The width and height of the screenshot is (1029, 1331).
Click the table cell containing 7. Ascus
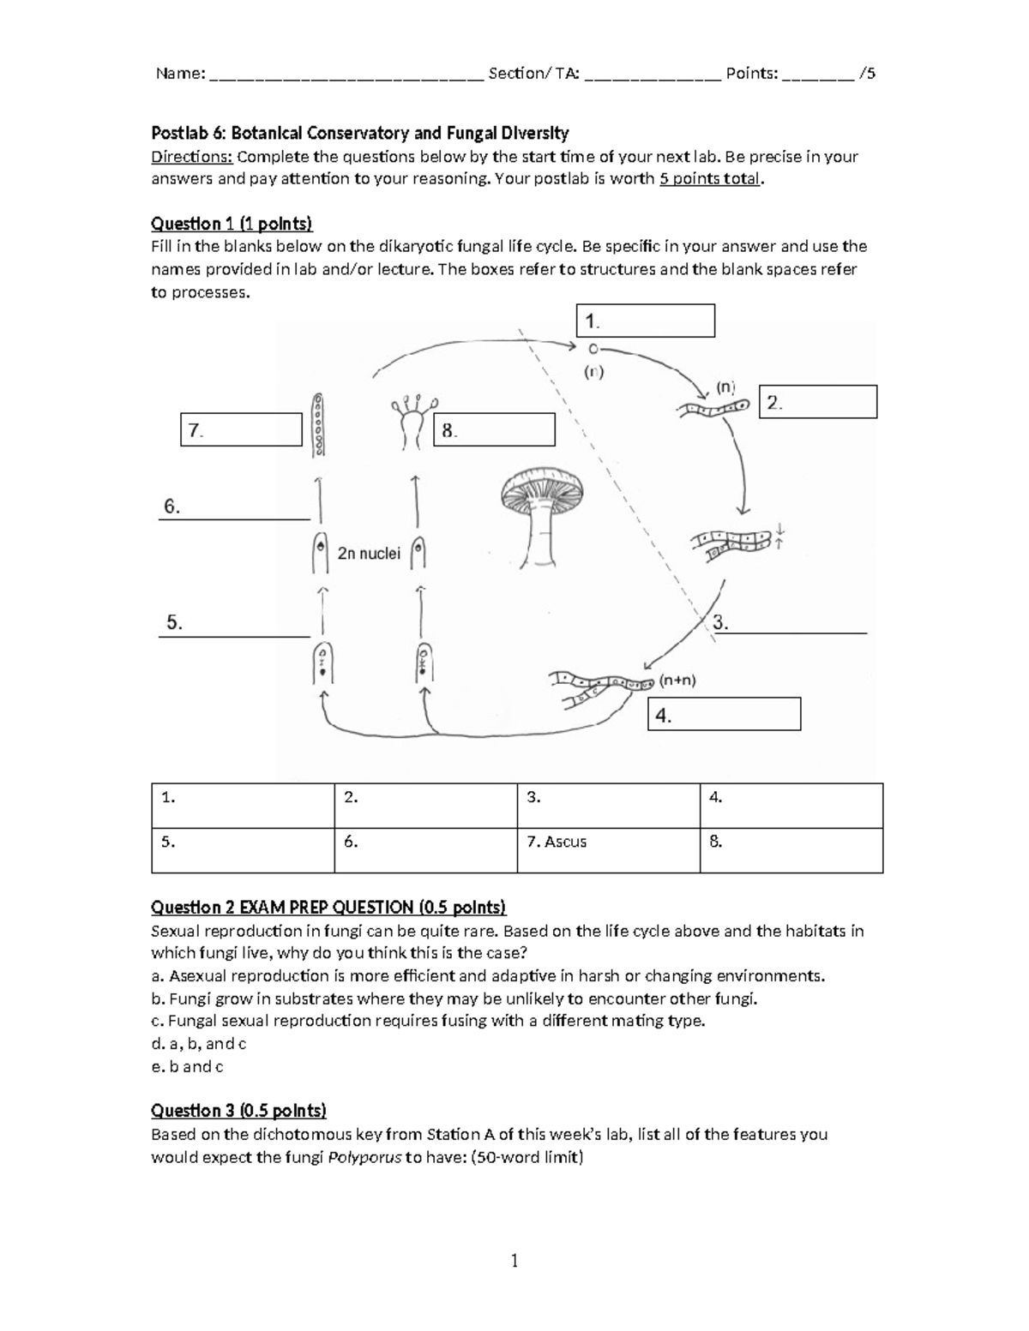(608, 850)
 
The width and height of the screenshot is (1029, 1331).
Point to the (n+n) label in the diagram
(677, 680)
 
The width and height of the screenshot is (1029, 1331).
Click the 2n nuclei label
(369, 554)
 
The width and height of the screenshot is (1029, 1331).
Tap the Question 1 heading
(232, 225)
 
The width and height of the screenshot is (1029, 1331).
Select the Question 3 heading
(238, 1111)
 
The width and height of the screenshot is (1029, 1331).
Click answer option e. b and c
(187, 1066)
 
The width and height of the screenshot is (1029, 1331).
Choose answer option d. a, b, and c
(199, 1044)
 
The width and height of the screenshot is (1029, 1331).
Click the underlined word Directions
(192, 157)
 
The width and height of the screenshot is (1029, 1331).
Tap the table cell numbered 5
(243, 850)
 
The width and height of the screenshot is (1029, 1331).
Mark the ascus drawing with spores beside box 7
(318, 425)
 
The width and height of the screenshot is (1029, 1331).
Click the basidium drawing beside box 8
(414, 422)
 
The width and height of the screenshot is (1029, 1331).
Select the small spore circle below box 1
(593, 349)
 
